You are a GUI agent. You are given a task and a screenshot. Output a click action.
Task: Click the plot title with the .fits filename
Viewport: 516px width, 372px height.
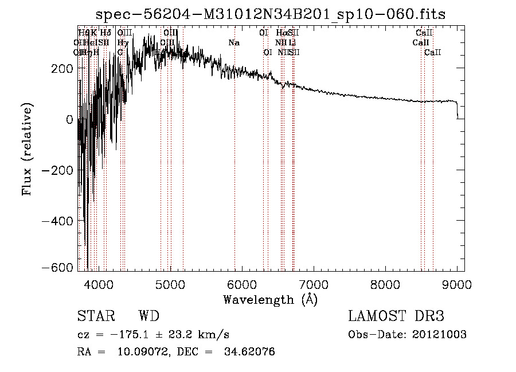point(271,14)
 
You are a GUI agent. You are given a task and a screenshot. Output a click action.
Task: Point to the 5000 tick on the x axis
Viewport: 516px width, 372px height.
point(170,284)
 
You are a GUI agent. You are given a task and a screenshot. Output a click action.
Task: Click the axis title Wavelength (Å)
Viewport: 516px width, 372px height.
point(270,299)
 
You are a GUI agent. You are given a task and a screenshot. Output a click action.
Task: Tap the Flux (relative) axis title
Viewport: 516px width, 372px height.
point(27,149)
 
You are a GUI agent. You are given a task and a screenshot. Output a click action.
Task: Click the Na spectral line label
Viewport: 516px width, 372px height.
point(234,43)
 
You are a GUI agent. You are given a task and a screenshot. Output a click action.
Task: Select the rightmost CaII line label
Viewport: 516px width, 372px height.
point(433,53)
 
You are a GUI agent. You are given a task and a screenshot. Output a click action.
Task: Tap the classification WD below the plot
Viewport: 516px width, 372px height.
point(148,316)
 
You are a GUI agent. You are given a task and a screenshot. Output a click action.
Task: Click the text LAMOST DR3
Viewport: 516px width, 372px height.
point(396,316)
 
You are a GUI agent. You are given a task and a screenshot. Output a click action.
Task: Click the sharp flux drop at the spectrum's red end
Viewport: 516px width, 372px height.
point(457,110)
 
